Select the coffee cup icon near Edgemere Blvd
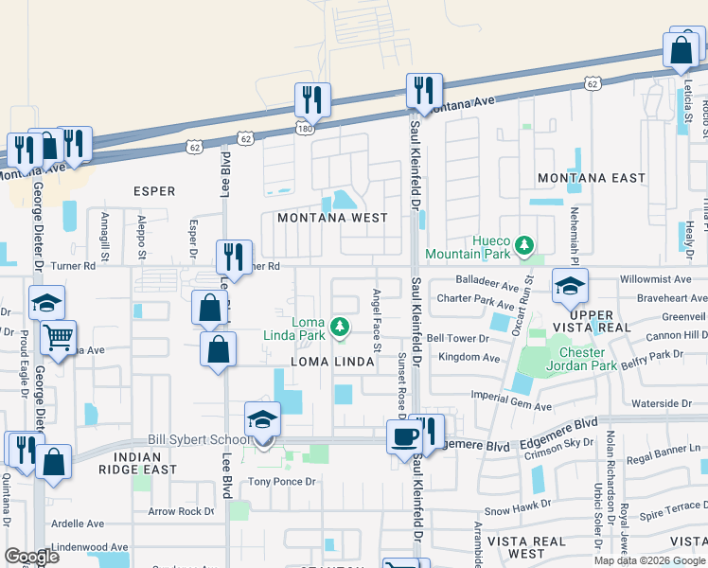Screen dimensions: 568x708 tap(405, 436)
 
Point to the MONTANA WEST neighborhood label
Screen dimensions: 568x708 tap(332, 218)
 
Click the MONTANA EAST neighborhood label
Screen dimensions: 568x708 tap(591, 178)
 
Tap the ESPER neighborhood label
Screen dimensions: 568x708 tap(154, 191)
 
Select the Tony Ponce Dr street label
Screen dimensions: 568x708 tap(280, 482)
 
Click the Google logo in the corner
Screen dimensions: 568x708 tap(31, 556)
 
